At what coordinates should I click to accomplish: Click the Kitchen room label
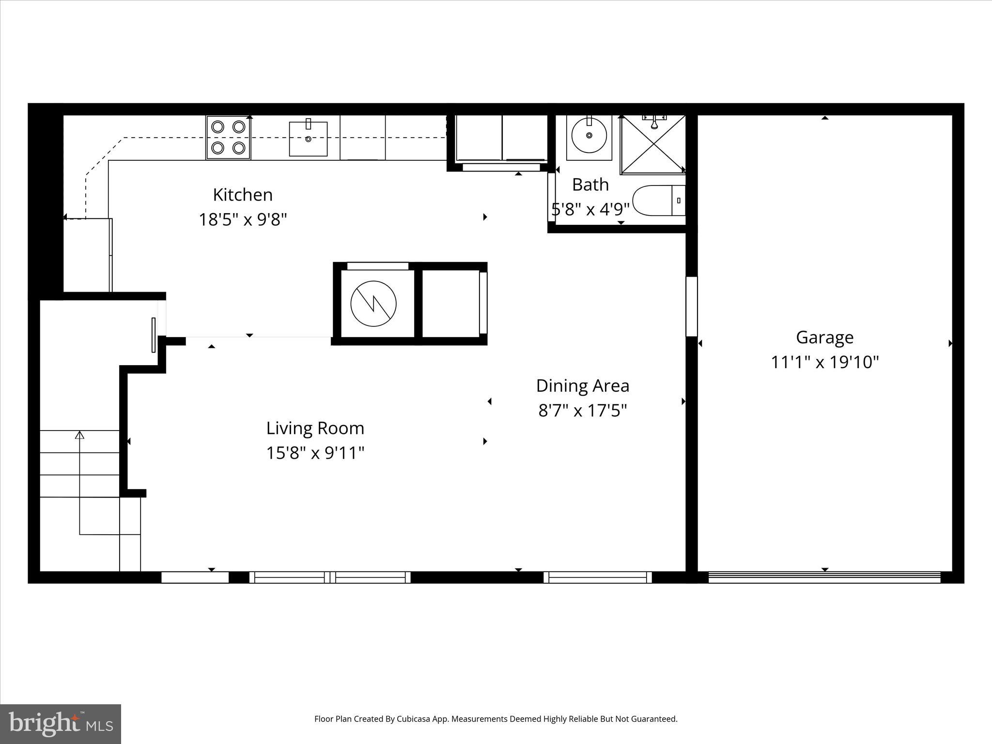(243, 195)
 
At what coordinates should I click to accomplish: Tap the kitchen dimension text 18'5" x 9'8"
(243, 220)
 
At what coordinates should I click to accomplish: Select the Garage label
(824, 337)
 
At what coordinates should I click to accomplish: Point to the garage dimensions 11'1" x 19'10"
(824, 362)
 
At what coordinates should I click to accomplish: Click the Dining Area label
(582, 386)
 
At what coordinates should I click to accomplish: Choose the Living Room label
(315, 428)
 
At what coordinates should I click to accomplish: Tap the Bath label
(590, 185)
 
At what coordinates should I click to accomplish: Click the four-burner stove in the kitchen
(228, 137)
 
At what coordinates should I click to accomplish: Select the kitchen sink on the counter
(308, 139)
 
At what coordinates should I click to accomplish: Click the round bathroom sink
(589, 135)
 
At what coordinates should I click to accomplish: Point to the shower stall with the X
(653, 144)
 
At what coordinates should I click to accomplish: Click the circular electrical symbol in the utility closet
(373, 304)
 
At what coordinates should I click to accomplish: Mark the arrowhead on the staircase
(79, 434)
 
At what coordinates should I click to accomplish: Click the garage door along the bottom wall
(824, 577)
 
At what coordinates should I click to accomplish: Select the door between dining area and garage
(691, 307)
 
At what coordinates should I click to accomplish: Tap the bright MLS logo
(61, 724)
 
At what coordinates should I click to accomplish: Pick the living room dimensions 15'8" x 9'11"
(315, 453)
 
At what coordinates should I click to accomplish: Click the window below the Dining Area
(597, 577)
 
